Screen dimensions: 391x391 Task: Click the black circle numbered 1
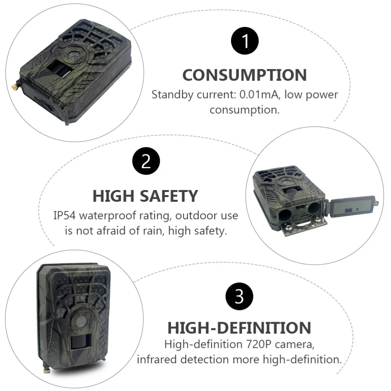245,41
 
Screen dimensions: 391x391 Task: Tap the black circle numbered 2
145,161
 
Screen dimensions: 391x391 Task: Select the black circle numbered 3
239,297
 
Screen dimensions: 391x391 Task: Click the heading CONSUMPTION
245,75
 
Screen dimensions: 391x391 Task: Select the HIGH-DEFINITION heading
239,328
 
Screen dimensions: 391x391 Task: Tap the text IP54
65,215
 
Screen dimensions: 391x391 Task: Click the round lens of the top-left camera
73,56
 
